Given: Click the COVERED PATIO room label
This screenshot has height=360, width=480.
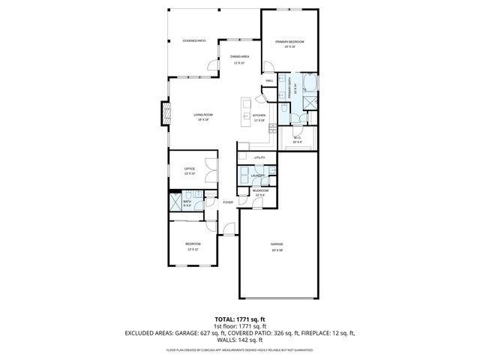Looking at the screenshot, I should (194, 40).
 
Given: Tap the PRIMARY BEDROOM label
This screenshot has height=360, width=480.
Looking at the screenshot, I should (289, 43).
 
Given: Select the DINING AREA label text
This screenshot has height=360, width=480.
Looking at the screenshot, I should (240, 58).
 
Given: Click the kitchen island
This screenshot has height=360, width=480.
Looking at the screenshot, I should (245, 111).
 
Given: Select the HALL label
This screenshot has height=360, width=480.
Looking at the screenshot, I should (269, 81).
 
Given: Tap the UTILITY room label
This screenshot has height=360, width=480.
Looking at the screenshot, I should (259, 157).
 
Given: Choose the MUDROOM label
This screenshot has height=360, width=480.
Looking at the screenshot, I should (260, 191).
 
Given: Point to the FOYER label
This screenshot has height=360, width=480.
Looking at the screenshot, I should (227, 202).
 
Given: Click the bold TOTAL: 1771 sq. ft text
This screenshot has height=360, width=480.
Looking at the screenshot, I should (239, 319).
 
